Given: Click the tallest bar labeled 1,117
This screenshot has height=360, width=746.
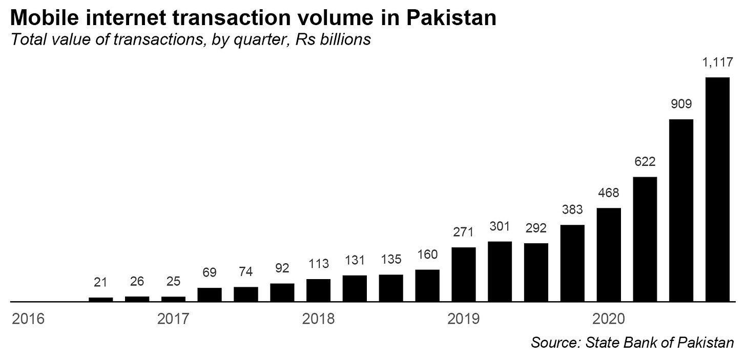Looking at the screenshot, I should [717, 189].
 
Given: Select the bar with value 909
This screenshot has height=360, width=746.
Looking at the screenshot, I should [681, 210].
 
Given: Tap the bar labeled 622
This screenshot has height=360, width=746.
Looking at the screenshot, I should [645, 239].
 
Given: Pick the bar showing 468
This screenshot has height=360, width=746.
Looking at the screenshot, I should [609, 255].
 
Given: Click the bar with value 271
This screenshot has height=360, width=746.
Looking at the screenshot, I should [463, 274].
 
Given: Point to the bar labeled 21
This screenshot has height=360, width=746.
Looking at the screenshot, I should [100, 299].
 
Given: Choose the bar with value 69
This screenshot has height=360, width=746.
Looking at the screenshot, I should [210, 294].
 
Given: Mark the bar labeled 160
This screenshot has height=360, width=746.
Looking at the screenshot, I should [427, 285].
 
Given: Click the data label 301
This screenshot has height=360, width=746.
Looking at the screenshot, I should [500, 226].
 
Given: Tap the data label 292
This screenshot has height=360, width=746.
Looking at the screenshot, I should [536, 227].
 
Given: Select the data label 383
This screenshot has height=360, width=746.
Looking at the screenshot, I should [572, 209].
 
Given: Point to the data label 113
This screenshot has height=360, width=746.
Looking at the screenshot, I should [318, 264].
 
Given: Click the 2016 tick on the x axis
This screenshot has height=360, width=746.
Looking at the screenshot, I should [28, 319].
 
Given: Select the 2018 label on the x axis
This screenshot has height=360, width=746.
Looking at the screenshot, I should [318, 319].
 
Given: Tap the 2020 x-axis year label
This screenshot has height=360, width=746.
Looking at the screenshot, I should [608, 319].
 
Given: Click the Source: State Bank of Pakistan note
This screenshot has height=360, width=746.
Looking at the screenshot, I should [633, 342].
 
